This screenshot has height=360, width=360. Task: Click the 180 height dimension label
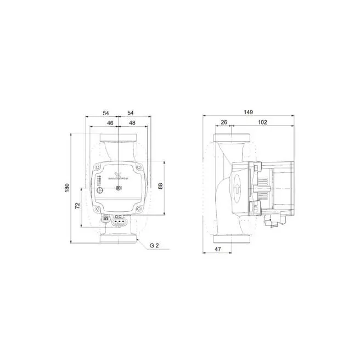pos(67,187)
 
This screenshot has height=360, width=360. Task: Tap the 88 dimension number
pos(160,186)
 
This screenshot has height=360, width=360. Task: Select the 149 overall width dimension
pos(248,113)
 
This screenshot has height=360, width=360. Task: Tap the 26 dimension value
pos(223,122)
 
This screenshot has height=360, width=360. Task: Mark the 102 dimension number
pos(262,122)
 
